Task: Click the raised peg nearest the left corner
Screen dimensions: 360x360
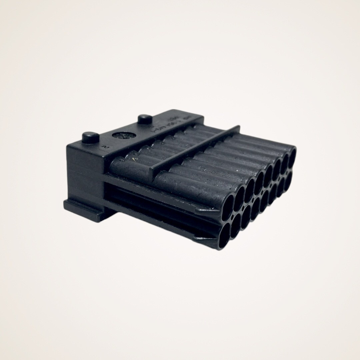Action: (90, 137)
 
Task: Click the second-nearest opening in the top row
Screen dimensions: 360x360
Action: (239, 194)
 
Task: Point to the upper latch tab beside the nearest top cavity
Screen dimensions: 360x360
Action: (203, 210)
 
